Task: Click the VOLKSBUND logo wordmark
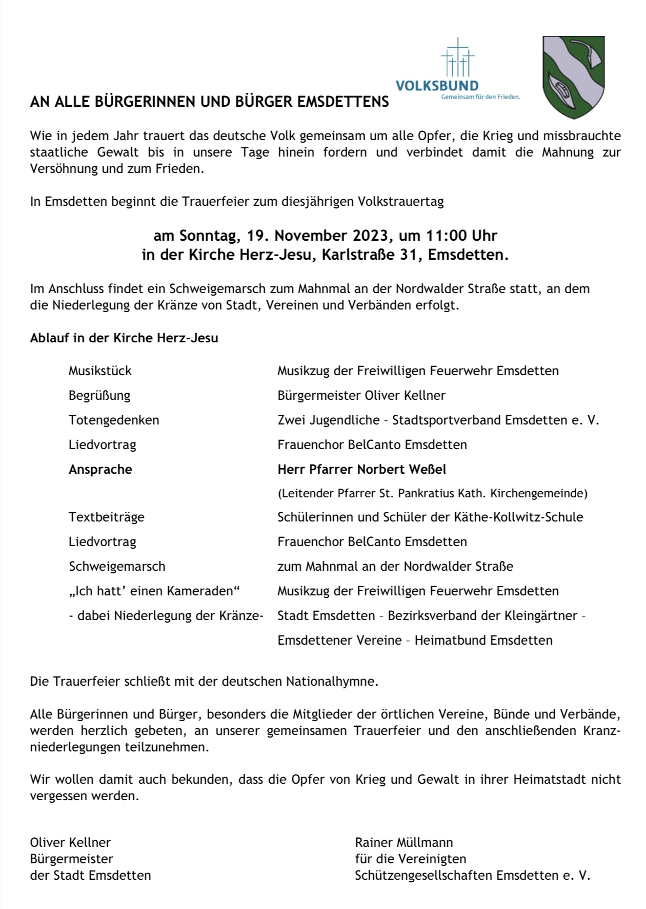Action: (x=437, y=86)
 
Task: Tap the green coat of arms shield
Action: (x=573, y=77)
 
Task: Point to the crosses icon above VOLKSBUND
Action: (x=458, y=58)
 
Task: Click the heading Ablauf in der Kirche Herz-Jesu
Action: (x=124, y=338)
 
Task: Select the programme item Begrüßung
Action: (x=99, y=396)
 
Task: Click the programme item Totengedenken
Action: (x=114, y=420)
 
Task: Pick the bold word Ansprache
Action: (x=100, y=470)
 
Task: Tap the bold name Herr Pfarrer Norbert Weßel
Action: (x=361, y=470)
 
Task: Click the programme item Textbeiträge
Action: (x=107, y=517)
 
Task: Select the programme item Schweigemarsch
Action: (x=117, y=567)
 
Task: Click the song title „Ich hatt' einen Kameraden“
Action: (x=154, y=591)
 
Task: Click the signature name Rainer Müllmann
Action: (x=403, y=842)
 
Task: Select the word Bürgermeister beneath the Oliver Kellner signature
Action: (x=72, y=859)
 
